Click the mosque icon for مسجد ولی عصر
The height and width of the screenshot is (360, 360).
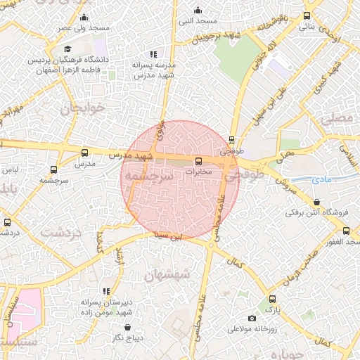click(84, 18)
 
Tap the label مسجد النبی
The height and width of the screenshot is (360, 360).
click(198, 21)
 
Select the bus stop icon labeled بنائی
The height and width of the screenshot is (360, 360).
click(307, 15)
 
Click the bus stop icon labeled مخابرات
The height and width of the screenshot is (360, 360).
click(198, 161)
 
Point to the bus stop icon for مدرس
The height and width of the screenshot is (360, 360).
click(85, 153)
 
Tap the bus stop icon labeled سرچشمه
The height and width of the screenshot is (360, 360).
click(53, 169)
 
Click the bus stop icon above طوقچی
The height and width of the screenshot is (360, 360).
click(232, 140)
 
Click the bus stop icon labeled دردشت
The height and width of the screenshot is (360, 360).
click(8, 221)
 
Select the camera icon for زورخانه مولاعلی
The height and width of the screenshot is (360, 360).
click(252, 319)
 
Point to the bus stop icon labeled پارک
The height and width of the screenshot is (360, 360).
click(271, 299)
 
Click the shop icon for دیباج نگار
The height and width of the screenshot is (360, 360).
click(127, 327)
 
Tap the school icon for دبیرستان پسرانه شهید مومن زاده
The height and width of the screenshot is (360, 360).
click(106, 291)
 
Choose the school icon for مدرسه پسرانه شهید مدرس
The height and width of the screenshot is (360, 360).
click(153, 54)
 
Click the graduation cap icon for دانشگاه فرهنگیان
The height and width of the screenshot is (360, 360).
click(67, 49)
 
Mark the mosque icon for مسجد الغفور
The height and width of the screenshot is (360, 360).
click(345, 231)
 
